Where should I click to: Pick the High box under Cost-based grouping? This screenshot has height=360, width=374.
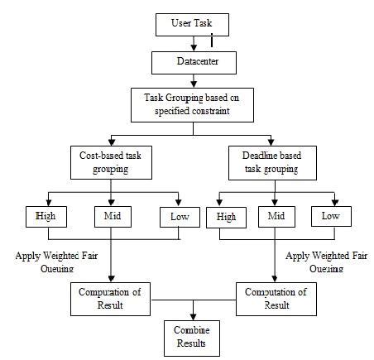[x=46, y=218]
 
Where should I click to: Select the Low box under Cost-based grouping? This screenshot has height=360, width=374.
[x=179, y=218]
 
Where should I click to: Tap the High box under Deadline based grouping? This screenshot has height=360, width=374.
[x=226, y=218]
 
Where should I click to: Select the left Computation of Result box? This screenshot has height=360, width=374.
[x=110, y=297]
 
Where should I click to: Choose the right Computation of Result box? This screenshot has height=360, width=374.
[x=276, y=297]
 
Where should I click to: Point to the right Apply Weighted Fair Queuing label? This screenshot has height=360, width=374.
[x=326, y=262]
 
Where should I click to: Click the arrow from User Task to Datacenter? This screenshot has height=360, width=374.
[x=192, y=45]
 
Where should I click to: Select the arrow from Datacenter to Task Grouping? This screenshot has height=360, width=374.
[x=192, y=79]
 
